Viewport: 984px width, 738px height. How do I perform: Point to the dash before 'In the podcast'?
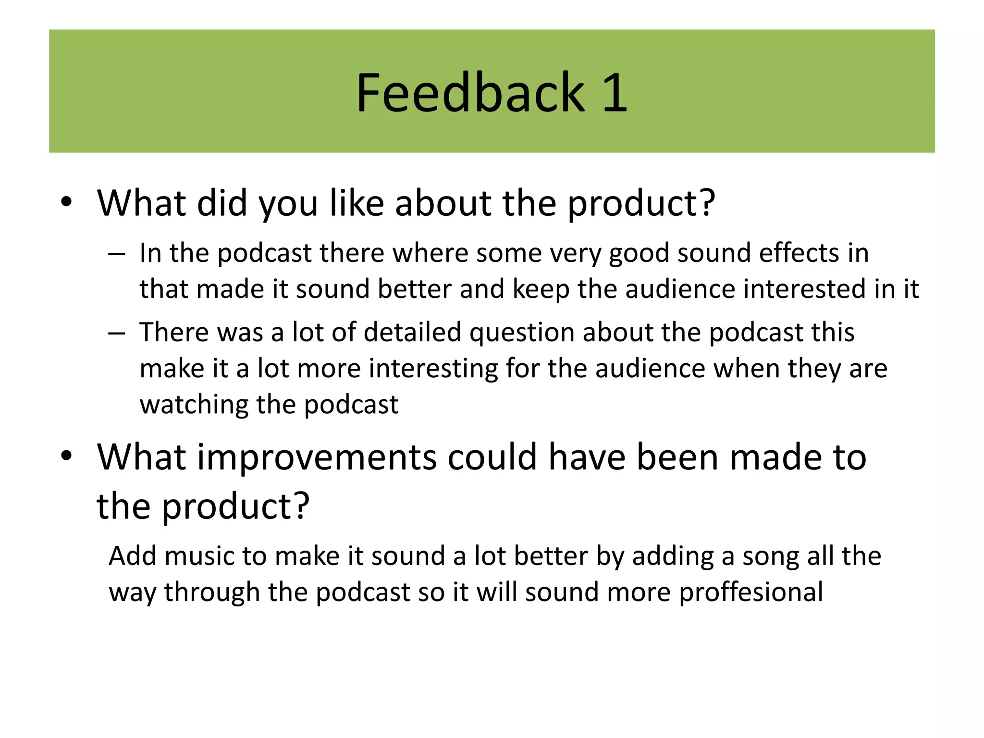click(x=117, y=253)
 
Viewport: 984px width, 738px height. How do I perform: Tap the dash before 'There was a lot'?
click(x=117, y=332)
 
